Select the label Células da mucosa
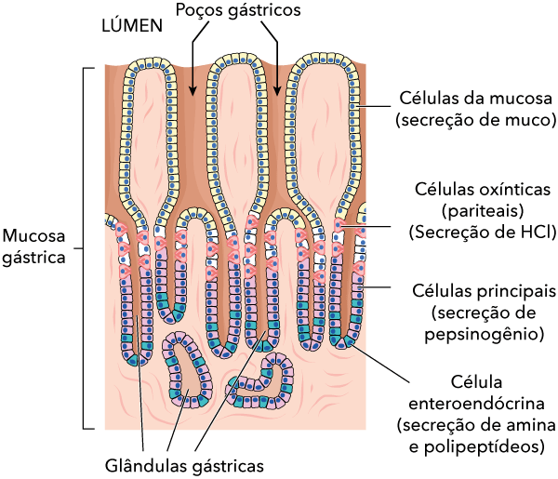point(475,99)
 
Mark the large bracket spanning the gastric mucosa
point(86,247)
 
